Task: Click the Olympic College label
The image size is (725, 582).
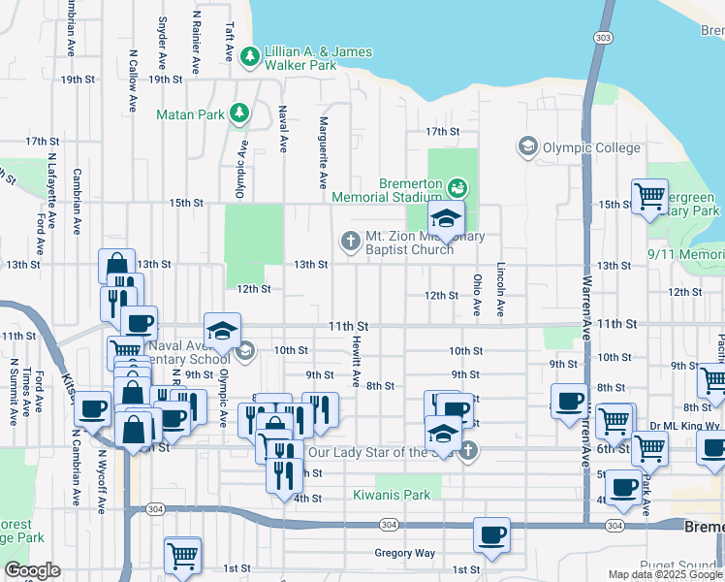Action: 591,147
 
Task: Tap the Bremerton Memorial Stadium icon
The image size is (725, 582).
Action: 458,184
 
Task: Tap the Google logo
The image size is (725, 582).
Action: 31,571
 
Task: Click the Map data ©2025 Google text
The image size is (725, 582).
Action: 665,574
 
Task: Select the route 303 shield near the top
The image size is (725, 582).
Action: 603,37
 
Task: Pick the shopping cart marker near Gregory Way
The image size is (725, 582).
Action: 181,555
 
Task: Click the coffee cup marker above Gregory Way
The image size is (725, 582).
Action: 491,535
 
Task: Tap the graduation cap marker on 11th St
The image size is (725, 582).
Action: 222,332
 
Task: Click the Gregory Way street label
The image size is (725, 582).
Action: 405,554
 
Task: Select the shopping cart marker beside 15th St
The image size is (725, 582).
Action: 649,196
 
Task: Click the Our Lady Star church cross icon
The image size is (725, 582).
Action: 468,450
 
